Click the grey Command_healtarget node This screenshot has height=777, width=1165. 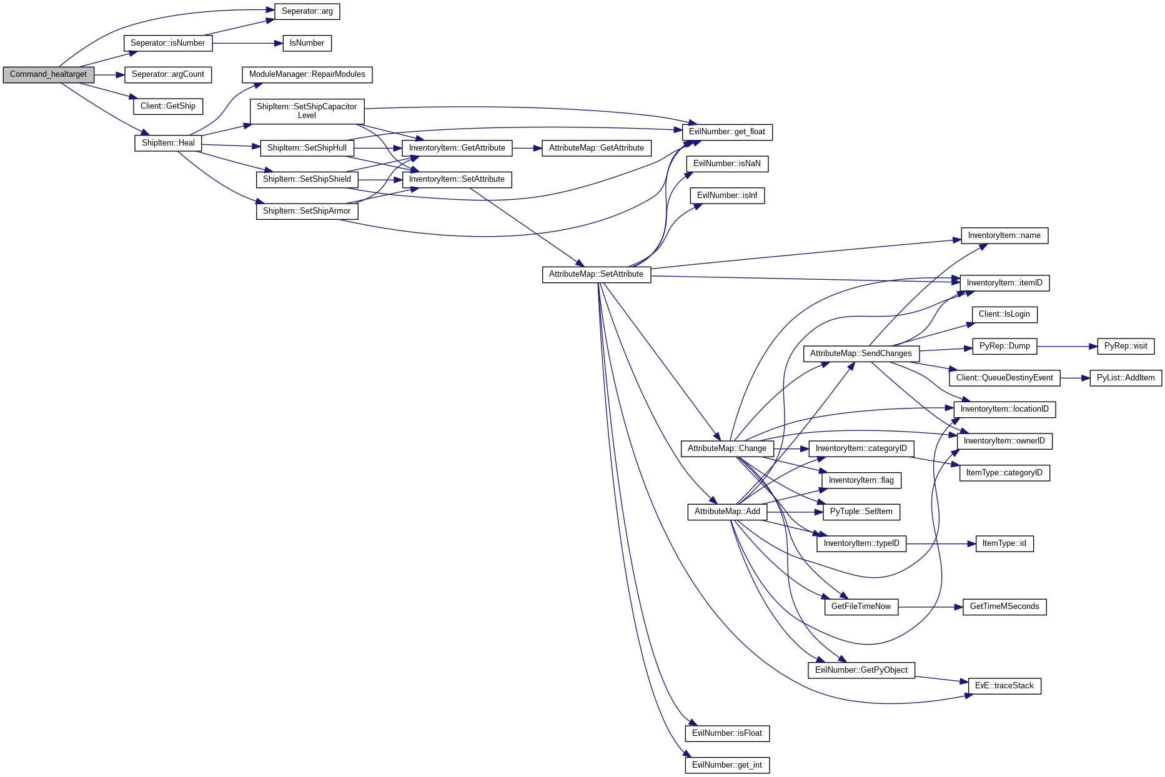coord(48,74)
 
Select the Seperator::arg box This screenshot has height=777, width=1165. coord(307,11)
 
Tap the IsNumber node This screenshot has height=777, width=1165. coord(307,43)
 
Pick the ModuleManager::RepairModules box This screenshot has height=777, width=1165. coord(307,74)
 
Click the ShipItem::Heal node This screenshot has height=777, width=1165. coord(168,143)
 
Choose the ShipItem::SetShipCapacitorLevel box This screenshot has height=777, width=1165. coord(307,111)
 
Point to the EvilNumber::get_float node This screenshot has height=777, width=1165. coord(726,132)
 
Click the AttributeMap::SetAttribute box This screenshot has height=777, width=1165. coord(596,274)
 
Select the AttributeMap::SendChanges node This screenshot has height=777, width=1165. coord(861,354)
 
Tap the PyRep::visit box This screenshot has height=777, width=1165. coord(1125,346)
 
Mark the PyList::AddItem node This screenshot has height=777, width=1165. coord(1125,378)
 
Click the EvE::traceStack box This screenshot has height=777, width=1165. coord(1004,686)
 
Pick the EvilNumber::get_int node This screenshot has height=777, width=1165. coord(726,765)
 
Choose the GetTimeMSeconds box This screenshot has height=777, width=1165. coord(1004,606)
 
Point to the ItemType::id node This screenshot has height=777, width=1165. coord(1004,543)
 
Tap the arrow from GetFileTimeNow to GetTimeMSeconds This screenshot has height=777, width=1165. coord(930,606)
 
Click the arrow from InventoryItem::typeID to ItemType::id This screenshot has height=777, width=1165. coord(941,543)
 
